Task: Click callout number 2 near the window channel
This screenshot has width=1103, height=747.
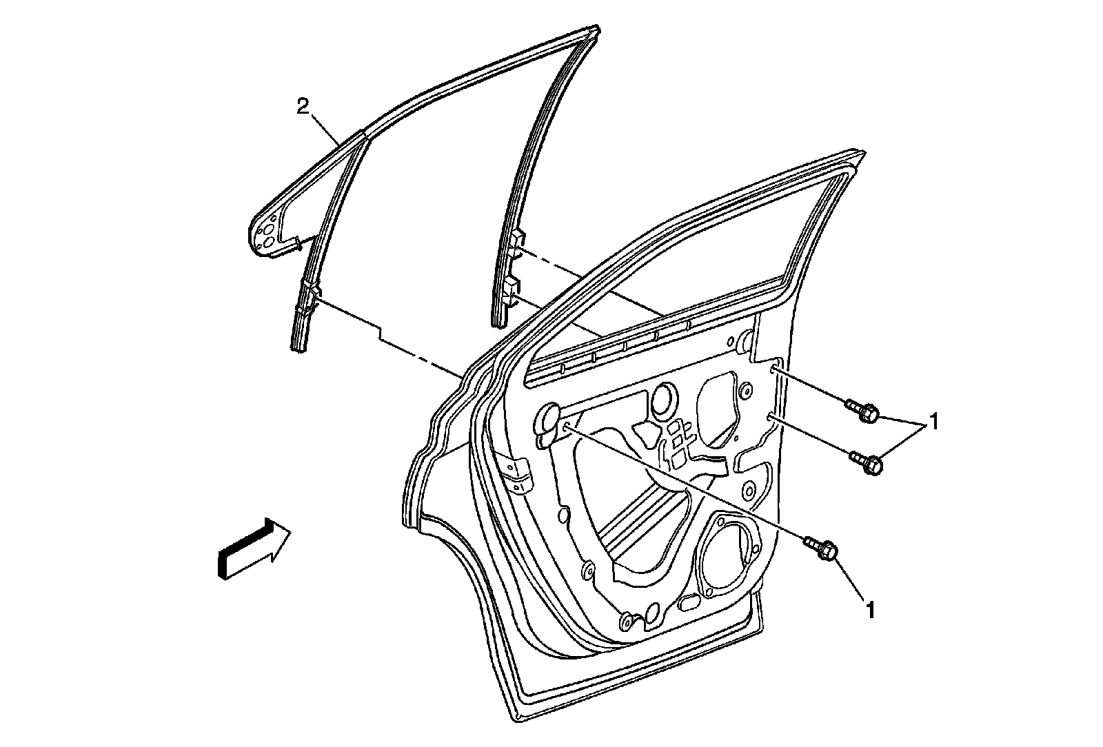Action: pyautogui.click(x=301, y=106)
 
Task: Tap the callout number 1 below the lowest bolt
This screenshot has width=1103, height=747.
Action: pyautogui.click(x=871, y=609)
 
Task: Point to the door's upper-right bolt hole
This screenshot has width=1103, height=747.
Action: pyautogui.click(x=776, y=371)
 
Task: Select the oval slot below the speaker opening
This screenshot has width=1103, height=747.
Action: pyautogui.click(x=690, y=604)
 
